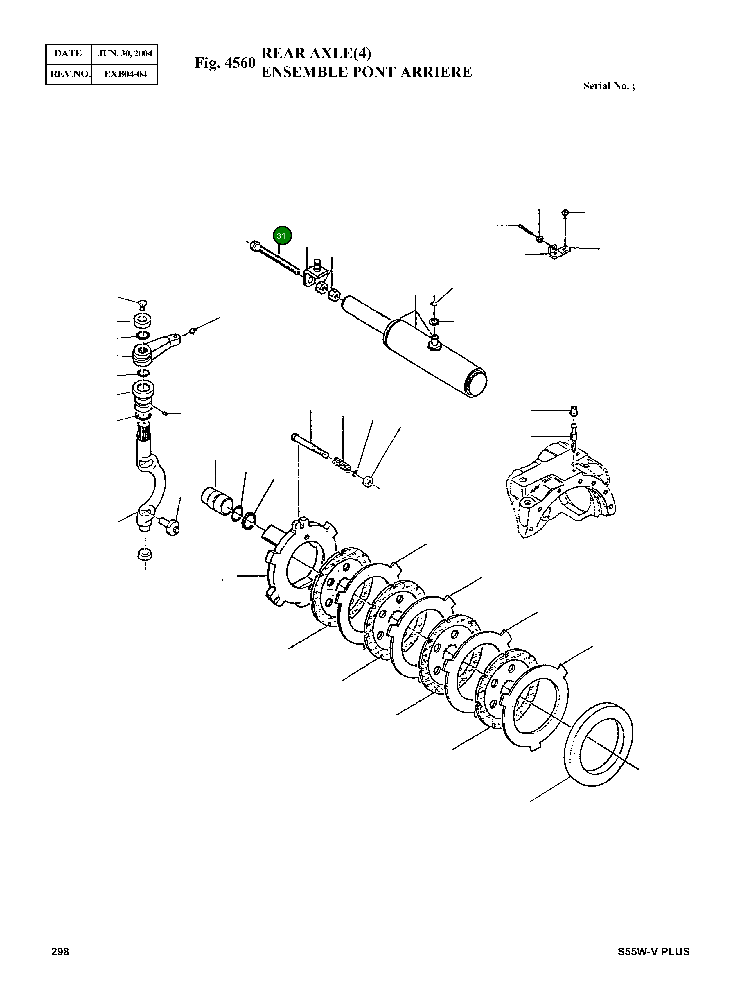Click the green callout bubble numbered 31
pos(282,236)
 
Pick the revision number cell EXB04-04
pos(125,74)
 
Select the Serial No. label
pos(609,86)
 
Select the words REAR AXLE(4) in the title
pos(316,53)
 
